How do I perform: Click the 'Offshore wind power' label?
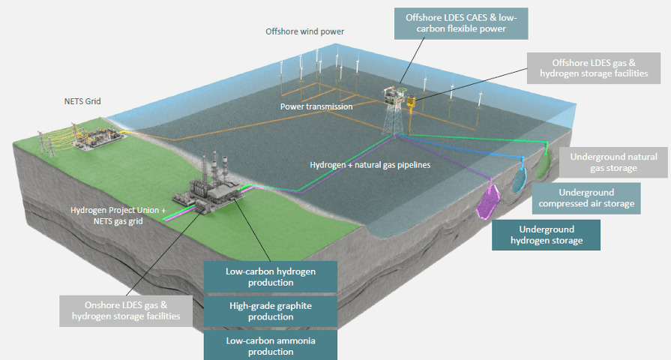tap(304, 31)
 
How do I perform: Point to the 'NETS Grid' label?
tap(82, 100)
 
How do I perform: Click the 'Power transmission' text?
tap(316, 106)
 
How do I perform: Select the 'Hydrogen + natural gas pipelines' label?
tap(370, 164)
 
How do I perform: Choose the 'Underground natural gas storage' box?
tap(613, 162)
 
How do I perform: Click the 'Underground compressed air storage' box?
tap(586, 198)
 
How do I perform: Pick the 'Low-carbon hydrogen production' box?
tap(270, 276)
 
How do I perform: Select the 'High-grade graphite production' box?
tap(270, 311)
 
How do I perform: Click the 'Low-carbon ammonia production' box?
tap(270, 346)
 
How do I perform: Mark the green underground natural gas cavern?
tap(544, 165)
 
